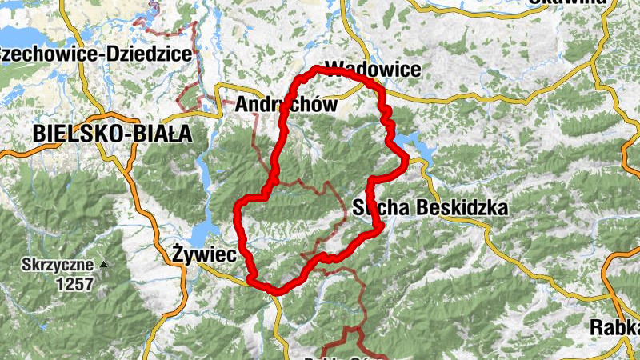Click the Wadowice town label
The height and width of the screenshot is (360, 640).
[x=374, y=70]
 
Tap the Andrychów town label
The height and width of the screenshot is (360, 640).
[x=286, y=104]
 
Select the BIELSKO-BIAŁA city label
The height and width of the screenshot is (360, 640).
[x=113, y=134]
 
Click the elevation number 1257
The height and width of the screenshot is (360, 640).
[x=75, y=283]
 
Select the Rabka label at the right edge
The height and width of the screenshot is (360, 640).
[x=614, y=327]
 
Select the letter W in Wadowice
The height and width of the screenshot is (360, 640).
[x=336, y=70]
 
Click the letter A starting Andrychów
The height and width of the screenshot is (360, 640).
[x=243, y=104]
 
